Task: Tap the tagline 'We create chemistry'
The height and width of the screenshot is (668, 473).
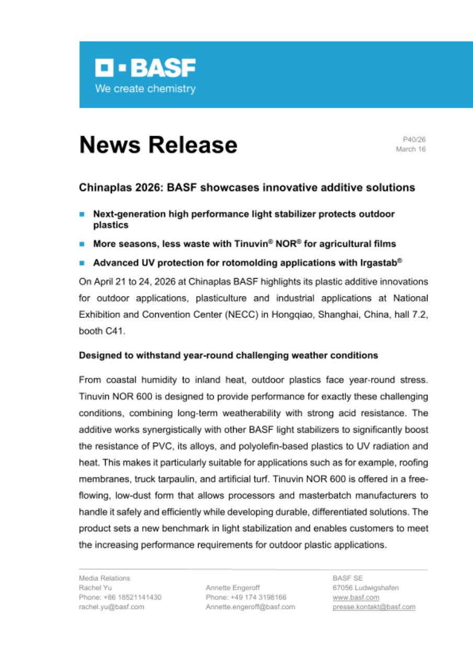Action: (x=145, y=89)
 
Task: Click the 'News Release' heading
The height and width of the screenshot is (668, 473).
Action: (x=158, y=145)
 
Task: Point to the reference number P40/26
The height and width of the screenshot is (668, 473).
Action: (x=414, y=139)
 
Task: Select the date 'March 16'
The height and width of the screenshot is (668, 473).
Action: (x=411, y=149)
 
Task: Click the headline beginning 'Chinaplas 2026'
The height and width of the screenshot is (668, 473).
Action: (x=247, y=187)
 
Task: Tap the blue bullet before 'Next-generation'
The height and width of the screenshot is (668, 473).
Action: (x=82, y=214)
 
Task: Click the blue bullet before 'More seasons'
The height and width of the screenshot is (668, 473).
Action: (x=82, y=244)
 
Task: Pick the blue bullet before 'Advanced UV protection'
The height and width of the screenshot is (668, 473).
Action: (x=82, y=264)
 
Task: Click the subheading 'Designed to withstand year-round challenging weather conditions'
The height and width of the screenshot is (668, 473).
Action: (x=228, y=355)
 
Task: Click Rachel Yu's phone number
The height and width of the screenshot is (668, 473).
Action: (x=120, y=597)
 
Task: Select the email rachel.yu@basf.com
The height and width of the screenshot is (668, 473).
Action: (x=111, y=607)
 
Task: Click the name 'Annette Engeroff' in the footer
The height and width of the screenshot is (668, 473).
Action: (x=233, y=588)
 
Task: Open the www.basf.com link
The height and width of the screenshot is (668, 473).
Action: (x=356, y=597)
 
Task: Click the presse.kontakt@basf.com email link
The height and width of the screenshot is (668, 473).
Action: (x=374, y=607)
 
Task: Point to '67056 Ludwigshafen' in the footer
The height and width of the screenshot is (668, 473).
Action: (x=365, y=588)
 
